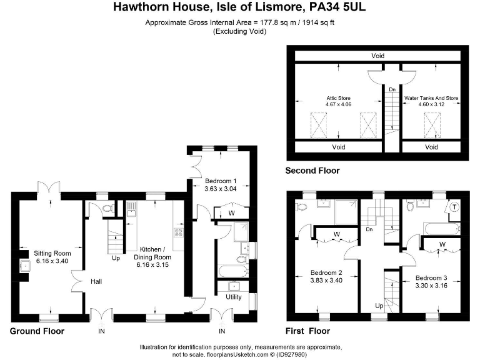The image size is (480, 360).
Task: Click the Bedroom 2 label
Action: pos(327,276)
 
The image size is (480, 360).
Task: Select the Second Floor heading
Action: pos(312,171)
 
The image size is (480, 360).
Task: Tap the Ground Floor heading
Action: pos(37,331)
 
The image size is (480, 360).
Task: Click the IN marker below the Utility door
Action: pos(222,331)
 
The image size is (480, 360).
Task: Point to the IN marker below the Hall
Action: pos(101,331)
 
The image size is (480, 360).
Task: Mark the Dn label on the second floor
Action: pos(392,90)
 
